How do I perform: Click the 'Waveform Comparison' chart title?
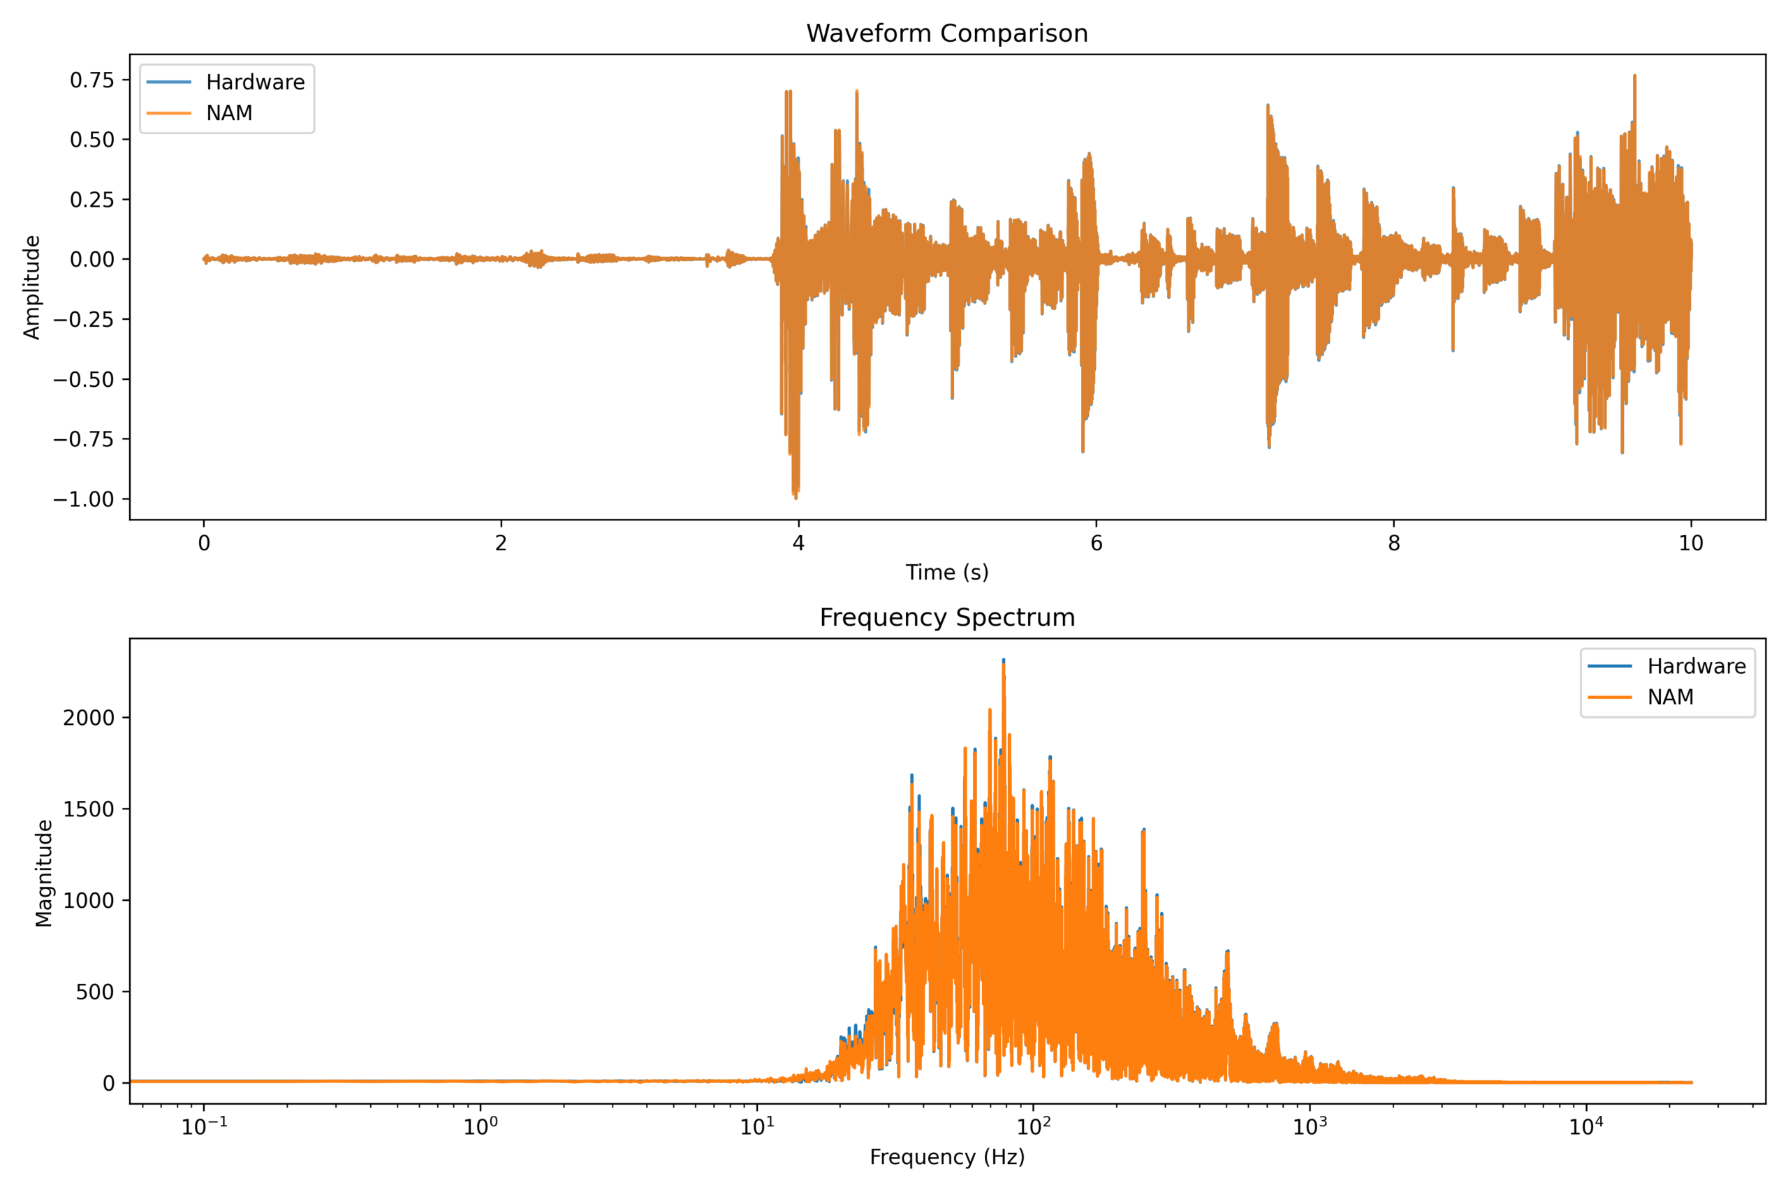coord(946,34)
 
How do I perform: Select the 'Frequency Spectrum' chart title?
coord(947,617)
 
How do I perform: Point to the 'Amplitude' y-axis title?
coord(32,288)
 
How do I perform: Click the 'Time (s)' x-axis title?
coord(947,573)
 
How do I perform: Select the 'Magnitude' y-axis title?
coord(44,873)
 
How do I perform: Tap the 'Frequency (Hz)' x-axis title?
coord(947,1157)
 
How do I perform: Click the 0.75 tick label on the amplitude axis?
coord(92,80)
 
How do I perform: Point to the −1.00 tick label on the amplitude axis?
coord(84,499)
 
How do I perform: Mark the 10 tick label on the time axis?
coord(1692,543)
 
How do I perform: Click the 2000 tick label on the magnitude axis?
coord(88,718)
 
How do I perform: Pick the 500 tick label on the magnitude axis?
coord(95,992)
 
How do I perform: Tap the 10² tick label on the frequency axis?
coord(1033,1125)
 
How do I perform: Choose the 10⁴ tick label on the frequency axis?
coord(1587,1125)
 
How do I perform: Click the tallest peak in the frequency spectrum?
coord(1004,660)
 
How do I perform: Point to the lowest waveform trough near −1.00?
coord(796,497)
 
